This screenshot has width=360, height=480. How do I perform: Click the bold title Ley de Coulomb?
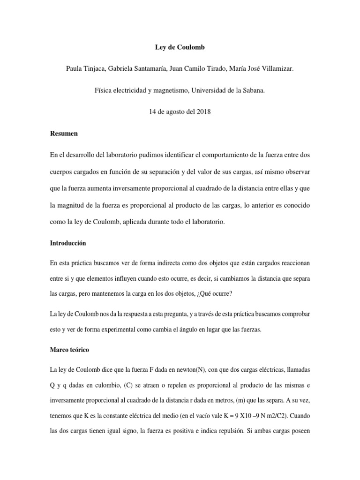tap(180, 47)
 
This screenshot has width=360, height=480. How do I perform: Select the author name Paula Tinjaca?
tap(87, 69)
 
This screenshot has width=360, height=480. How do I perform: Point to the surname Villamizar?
tap(275, 69)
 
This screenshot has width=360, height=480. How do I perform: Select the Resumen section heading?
tap(64, 134)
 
